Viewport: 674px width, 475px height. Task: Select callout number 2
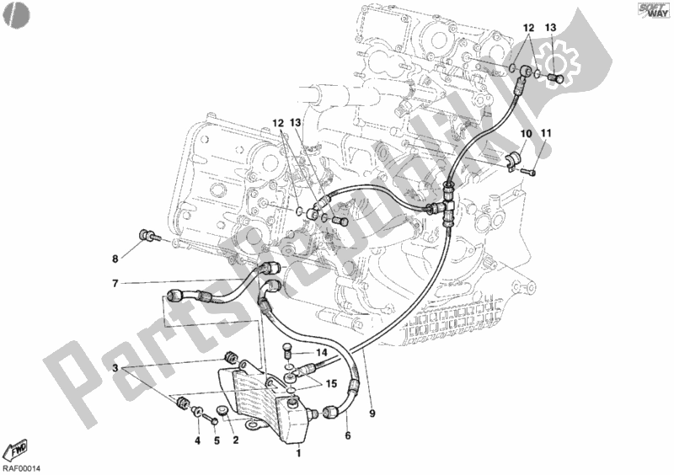pos(236,439)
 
